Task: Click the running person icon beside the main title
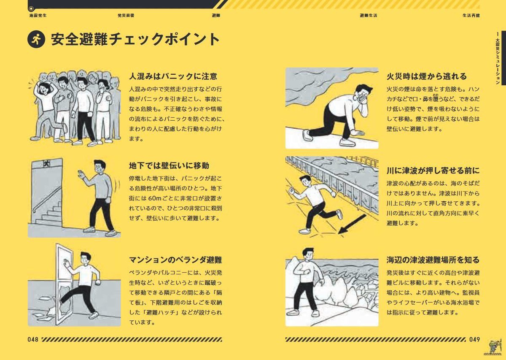(36, 40)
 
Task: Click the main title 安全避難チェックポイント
(135, 40)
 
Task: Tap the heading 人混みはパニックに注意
(173, 76)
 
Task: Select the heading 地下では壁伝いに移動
(169, 165)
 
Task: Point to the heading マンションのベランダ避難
(175, 260)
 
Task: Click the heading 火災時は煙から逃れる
(426, 76)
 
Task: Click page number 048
(33, 339)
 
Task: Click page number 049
(474, 339)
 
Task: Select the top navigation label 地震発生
(38, 15)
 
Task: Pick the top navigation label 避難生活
(368, 15)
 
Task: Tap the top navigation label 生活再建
(471, 15)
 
